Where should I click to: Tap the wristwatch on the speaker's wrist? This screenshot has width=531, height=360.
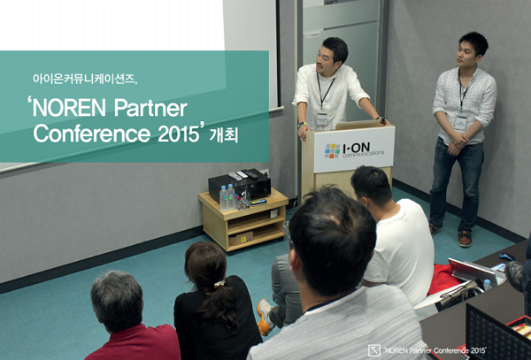[x=381, y=120]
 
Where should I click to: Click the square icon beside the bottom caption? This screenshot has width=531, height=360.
[x=374, y=349]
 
